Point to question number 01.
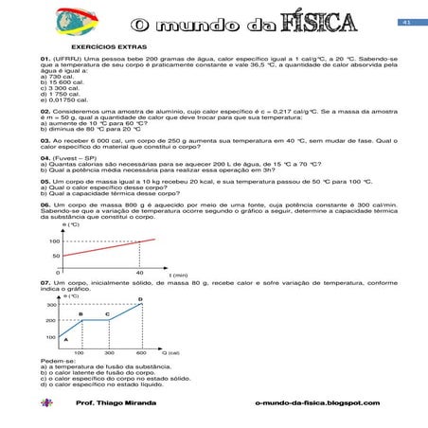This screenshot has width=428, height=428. pos(45,58)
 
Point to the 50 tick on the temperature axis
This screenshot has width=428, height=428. pos(56,256)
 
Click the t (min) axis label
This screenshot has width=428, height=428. pos(178,275)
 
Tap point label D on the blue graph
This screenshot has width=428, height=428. pos(140,299)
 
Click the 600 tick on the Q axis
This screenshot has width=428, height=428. pos(140,352)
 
